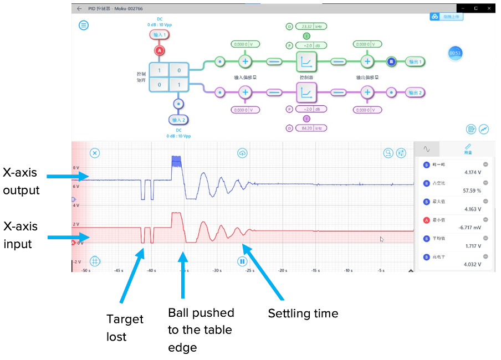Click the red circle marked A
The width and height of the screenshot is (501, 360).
(x=160, y=50)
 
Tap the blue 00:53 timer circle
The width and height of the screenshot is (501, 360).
(x=456, y=53)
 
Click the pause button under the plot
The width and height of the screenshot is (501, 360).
(x=242, y=261)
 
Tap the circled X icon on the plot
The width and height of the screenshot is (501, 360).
(x=95, y=153)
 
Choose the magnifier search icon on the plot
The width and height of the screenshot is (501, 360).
(x=388, y=153)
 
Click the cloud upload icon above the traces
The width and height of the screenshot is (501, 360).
(x=242, y=153)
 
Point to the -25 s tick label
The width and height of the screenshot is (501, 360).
(x=249, y=270)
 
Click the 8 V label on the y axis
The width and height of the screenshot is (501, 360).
(x=76, y=167)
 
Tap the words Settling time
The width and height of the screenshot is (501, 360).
(x=303, y=313)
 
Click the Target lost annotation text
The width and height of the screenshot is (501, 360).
(x=125, y=327)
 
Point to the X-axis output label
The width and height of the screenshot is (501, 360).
(x=22, y=181)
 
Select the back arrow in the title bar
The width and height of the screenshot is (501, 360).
(x=79, y=9)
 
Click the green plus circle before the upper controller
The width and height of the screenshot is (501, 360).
(x=246, y=61)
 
